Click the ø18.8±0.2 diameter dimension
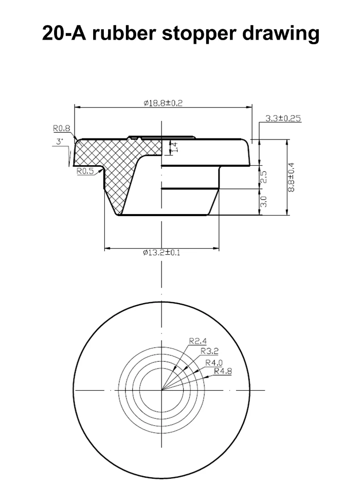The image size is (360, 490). [163, 103]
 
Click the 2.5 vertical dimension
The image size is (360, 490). [264, 177]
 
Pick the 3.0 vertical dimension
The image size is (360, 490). [264, 201]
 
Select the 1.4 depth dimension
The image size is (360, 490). [174, 147]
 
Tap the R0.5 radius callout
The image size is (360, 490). [85, 171]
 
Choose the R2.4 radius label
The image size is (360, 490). [197, 341]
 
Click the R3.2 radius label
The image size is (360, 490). [209, 352]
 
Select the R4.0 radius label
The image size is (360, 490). [214, 362]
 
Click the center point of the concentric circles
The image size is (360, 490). [163, 390]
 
